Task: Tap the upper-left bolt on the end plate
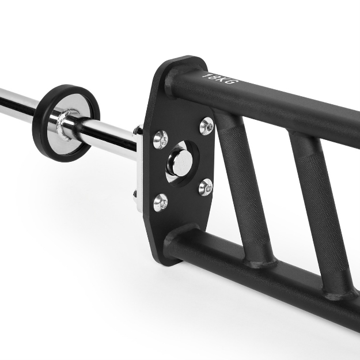(x=161, y=138)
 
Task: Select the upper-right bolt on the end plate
(x=206, y=125)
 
